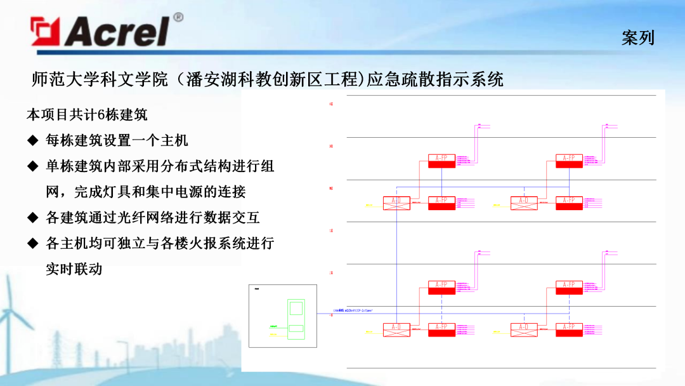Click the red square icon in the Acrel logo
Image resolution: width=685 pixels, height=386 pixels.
coord(45,32)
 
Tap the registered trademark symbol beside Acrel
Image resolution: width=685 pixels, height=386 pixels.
coord(178,17)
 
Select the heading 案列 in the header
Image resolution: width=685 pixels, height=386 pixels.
coord(637,38)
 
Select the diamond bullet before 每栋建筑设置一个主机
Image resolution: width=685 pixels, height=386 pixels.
coord(32,140)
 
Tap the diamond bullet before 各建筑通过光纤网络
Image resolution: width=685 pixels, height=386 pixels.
coord(32,217)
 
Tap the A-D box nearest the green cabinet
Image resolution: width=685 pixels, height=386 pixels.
coord(396,329)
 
